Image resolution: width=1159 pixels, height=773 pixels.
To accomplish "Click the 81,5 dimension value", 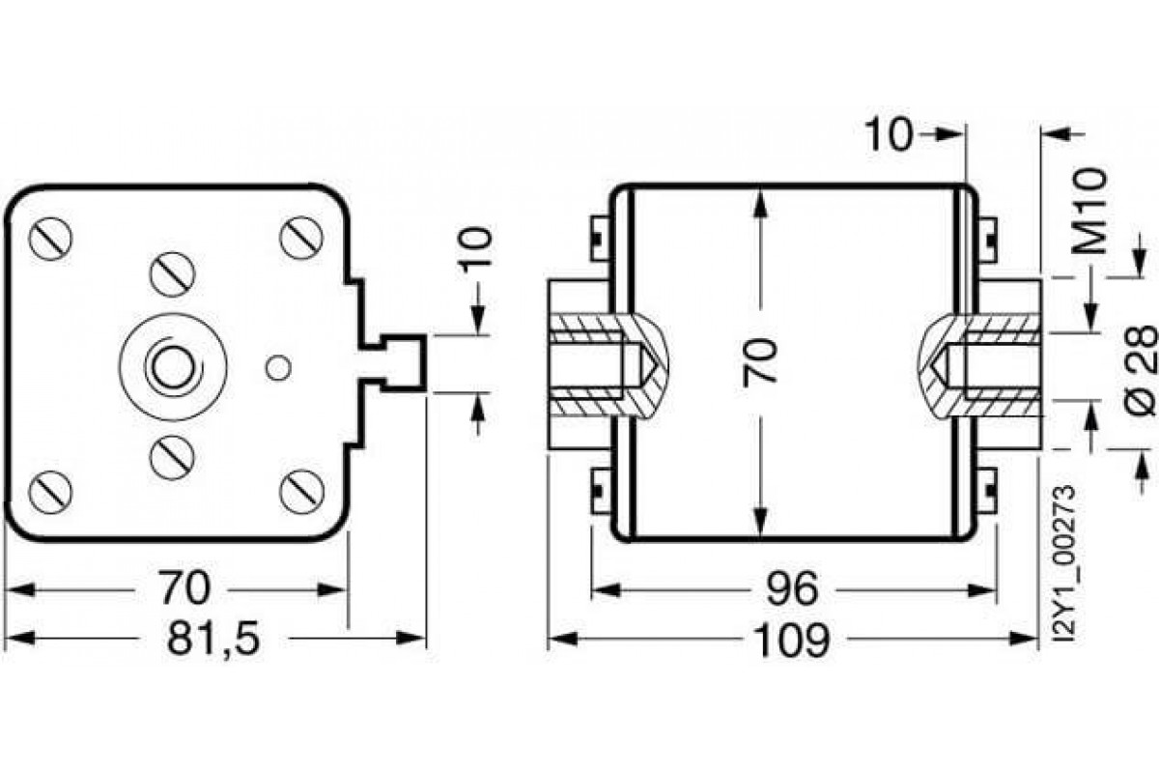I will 213,639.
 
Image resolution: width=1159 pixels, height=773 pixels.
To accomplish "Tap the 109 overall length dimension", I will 791,640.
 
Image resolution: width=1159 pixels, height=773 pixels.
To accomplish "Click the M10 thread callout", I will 1090,210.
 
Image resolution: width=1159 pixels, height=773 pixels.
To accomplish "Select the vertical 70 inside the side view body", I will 761,362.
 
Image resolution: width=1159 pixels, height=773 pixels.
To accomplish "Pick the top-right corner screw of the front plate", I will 300,237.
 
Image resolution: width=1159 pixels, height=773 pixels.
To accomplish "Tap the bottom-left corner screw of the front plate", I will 49,493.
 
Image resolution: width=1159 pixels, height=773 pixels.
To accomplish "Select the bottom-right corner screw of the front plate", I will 301,492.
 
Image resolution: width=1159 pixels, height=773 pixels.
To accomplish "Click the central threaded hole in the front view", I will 172,367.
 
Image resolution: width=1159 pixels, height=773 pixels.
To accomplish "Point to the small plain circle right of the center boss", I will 277,367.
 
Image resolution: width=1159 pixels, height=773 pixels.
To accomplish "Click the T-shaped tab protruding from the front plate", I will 398,362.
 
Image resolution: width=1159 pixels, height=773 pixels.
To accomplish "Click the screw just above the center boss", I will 172,274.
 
